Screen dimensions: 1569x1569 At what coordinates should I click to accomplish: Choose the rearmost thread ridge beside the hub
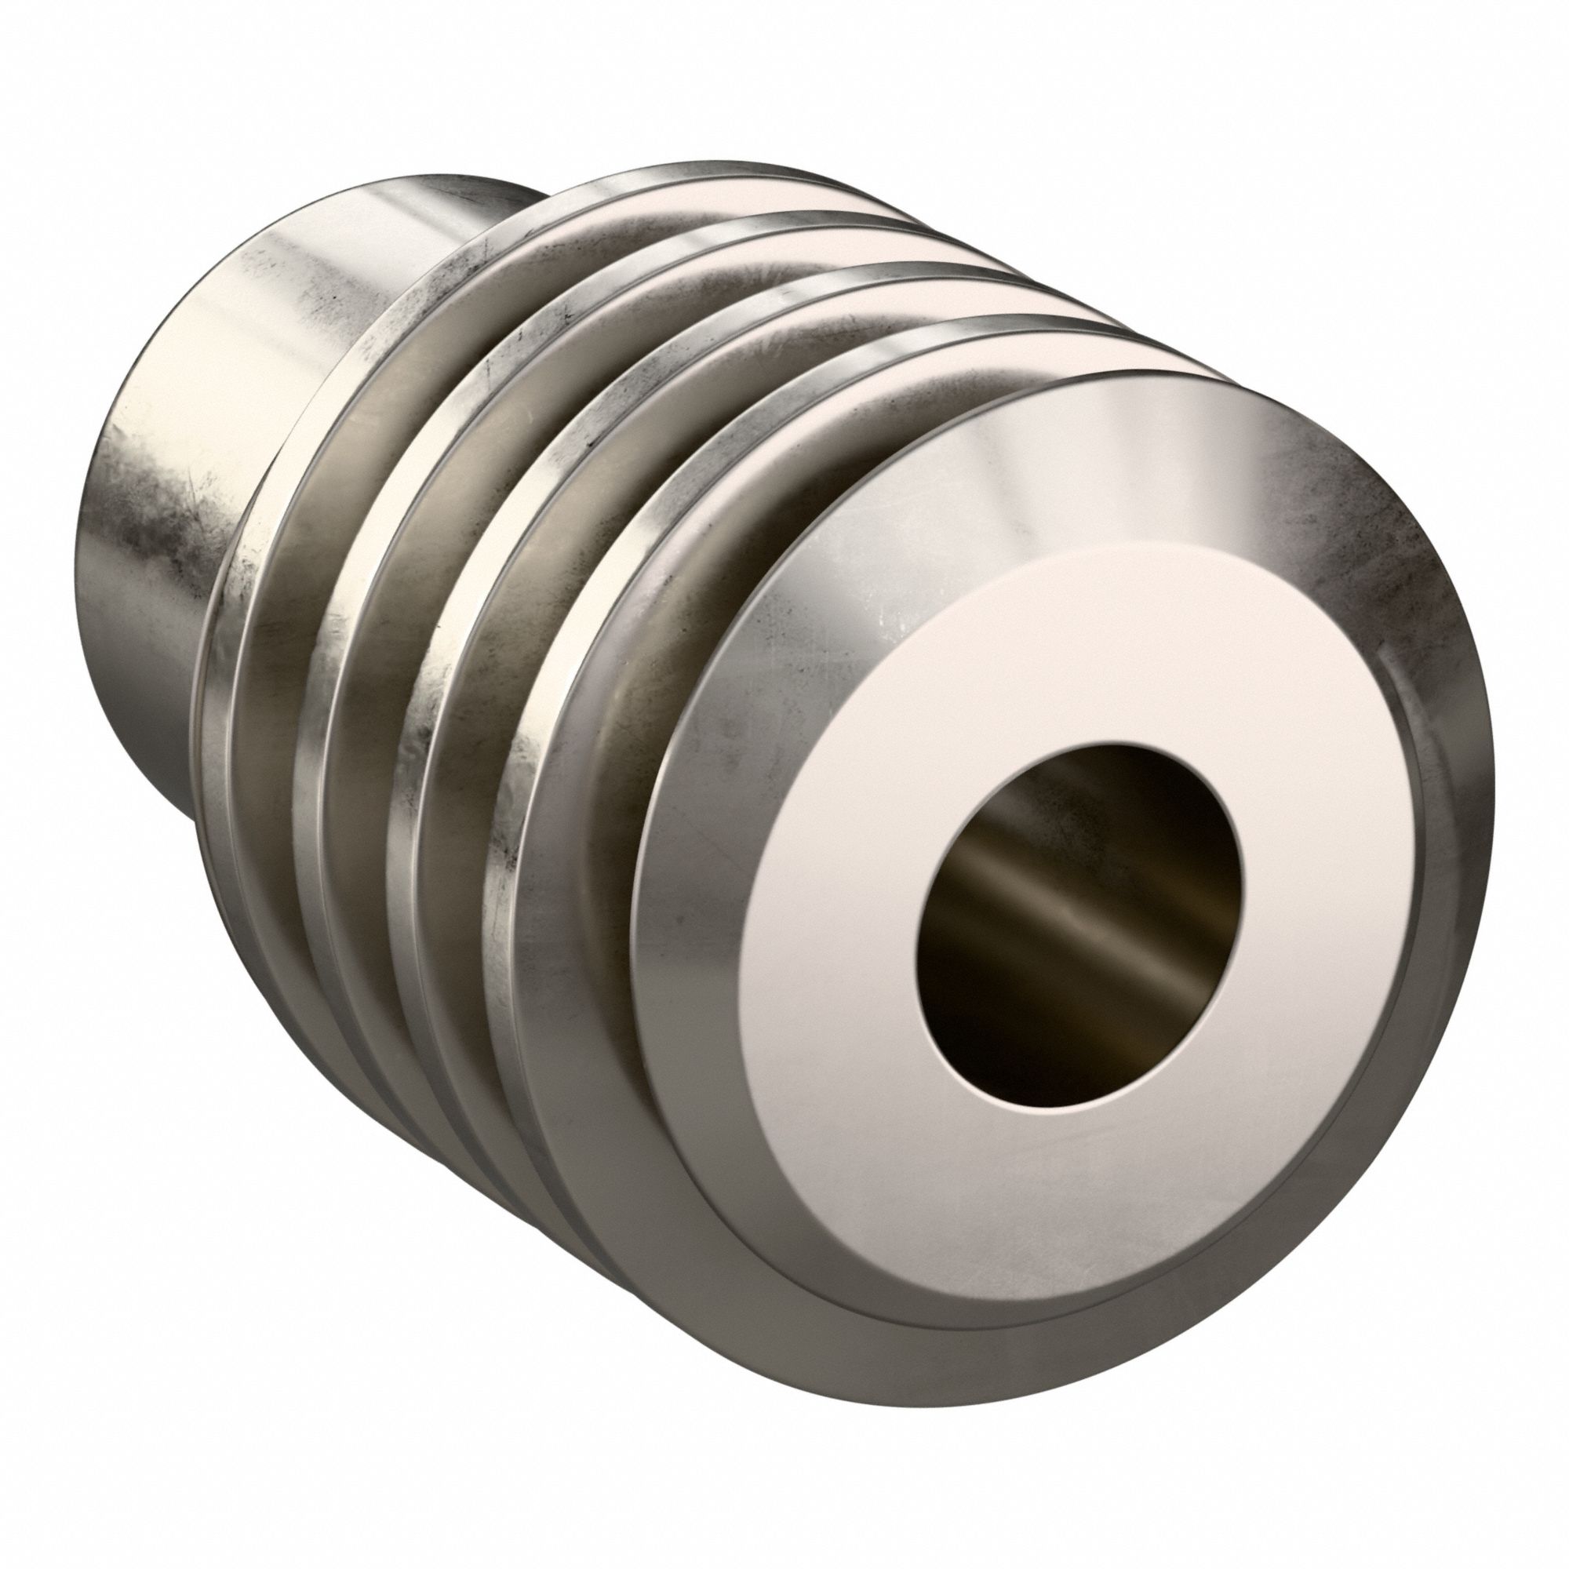pyautogui.click(x=268, y=569)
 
